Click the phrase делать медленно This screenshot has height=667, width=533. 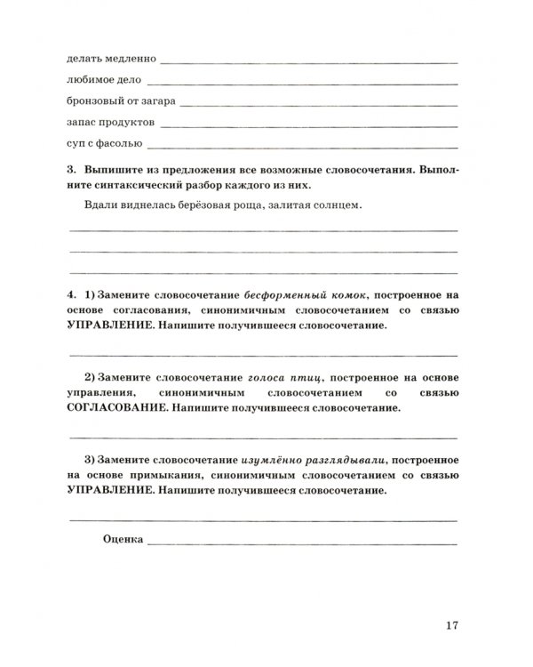coord(111,60)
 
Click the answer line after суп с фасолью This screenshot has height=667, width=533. coord(303,144)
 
